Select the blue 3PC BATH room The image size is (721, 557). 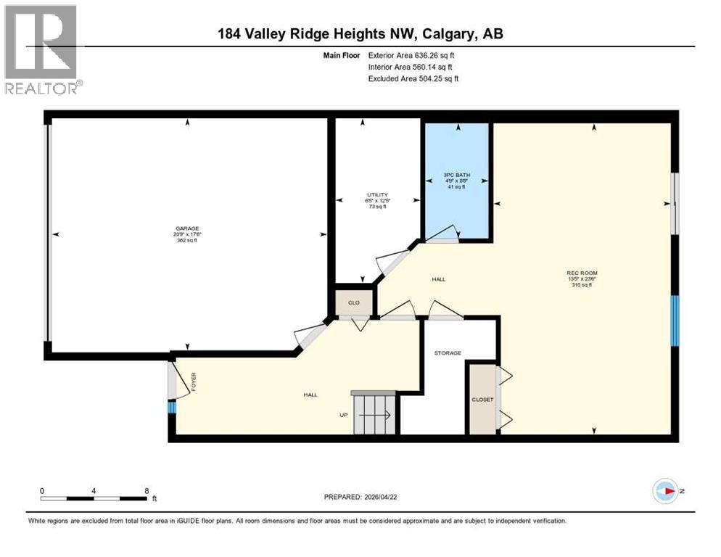[x=457, y=181]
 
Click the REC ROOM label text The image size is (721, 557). [x=582, y=273]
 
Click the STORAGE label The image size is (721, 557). [x=448, y=353]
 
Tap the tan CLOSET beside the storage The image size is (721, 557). [x=482, y=400]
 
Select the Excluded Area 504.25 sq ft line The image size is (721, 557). [x=413, y=78]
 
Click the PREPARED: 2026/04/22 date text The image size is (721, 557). [x=371, y=498]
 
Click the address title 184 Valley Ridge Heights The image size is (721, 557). [x=360, y=33]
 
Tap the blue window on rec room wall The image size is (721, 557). [x=675, y=320]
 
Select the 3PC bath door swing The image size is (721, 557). [x=442, y=234]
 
